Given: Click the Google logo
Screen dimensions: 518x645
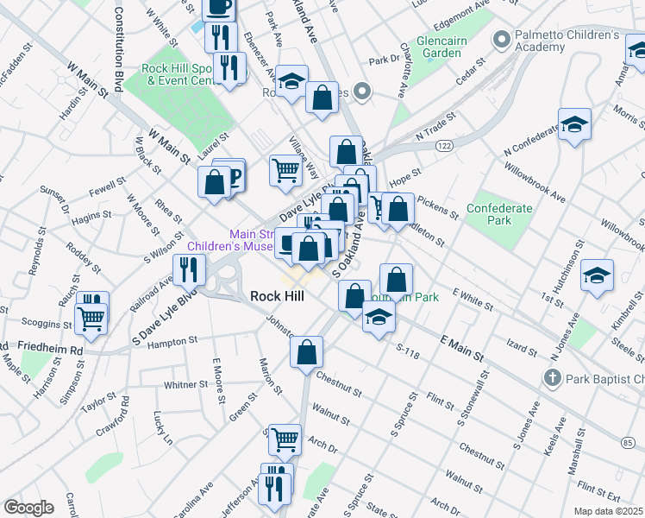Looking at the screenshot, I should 28,508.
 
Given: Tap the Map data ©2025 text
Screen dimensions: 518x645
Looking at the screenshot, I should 607,511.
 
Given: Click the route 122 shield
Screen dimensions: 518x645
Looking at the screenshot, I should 445,147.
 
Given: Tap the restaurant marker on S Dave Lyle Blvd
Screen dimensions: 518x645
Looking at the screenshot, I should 189,270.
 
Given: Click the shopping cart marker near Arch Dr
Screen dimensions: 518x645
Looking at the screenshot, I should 285,439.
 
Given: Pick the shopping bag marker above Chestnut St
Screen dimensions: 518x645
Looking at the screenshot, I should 306,352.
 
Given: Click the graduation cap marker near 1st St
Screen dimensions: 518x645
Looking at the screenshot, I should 597,276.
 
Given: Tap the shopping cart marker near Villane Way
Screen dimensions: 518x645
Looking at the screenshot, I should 285,170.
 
